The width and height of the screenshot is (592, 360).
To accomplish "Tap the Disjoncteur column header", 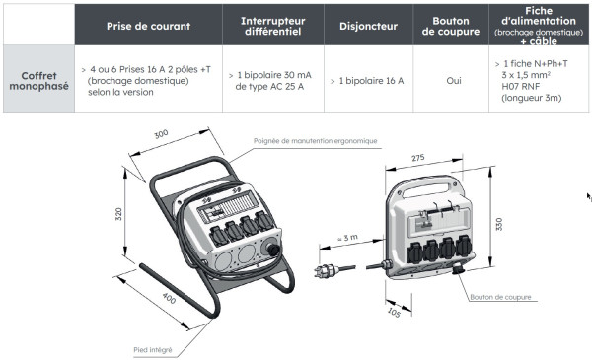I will [362, 25].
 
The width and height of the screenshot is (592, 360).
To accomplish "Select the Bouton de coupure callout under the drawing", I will [500, 296].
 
